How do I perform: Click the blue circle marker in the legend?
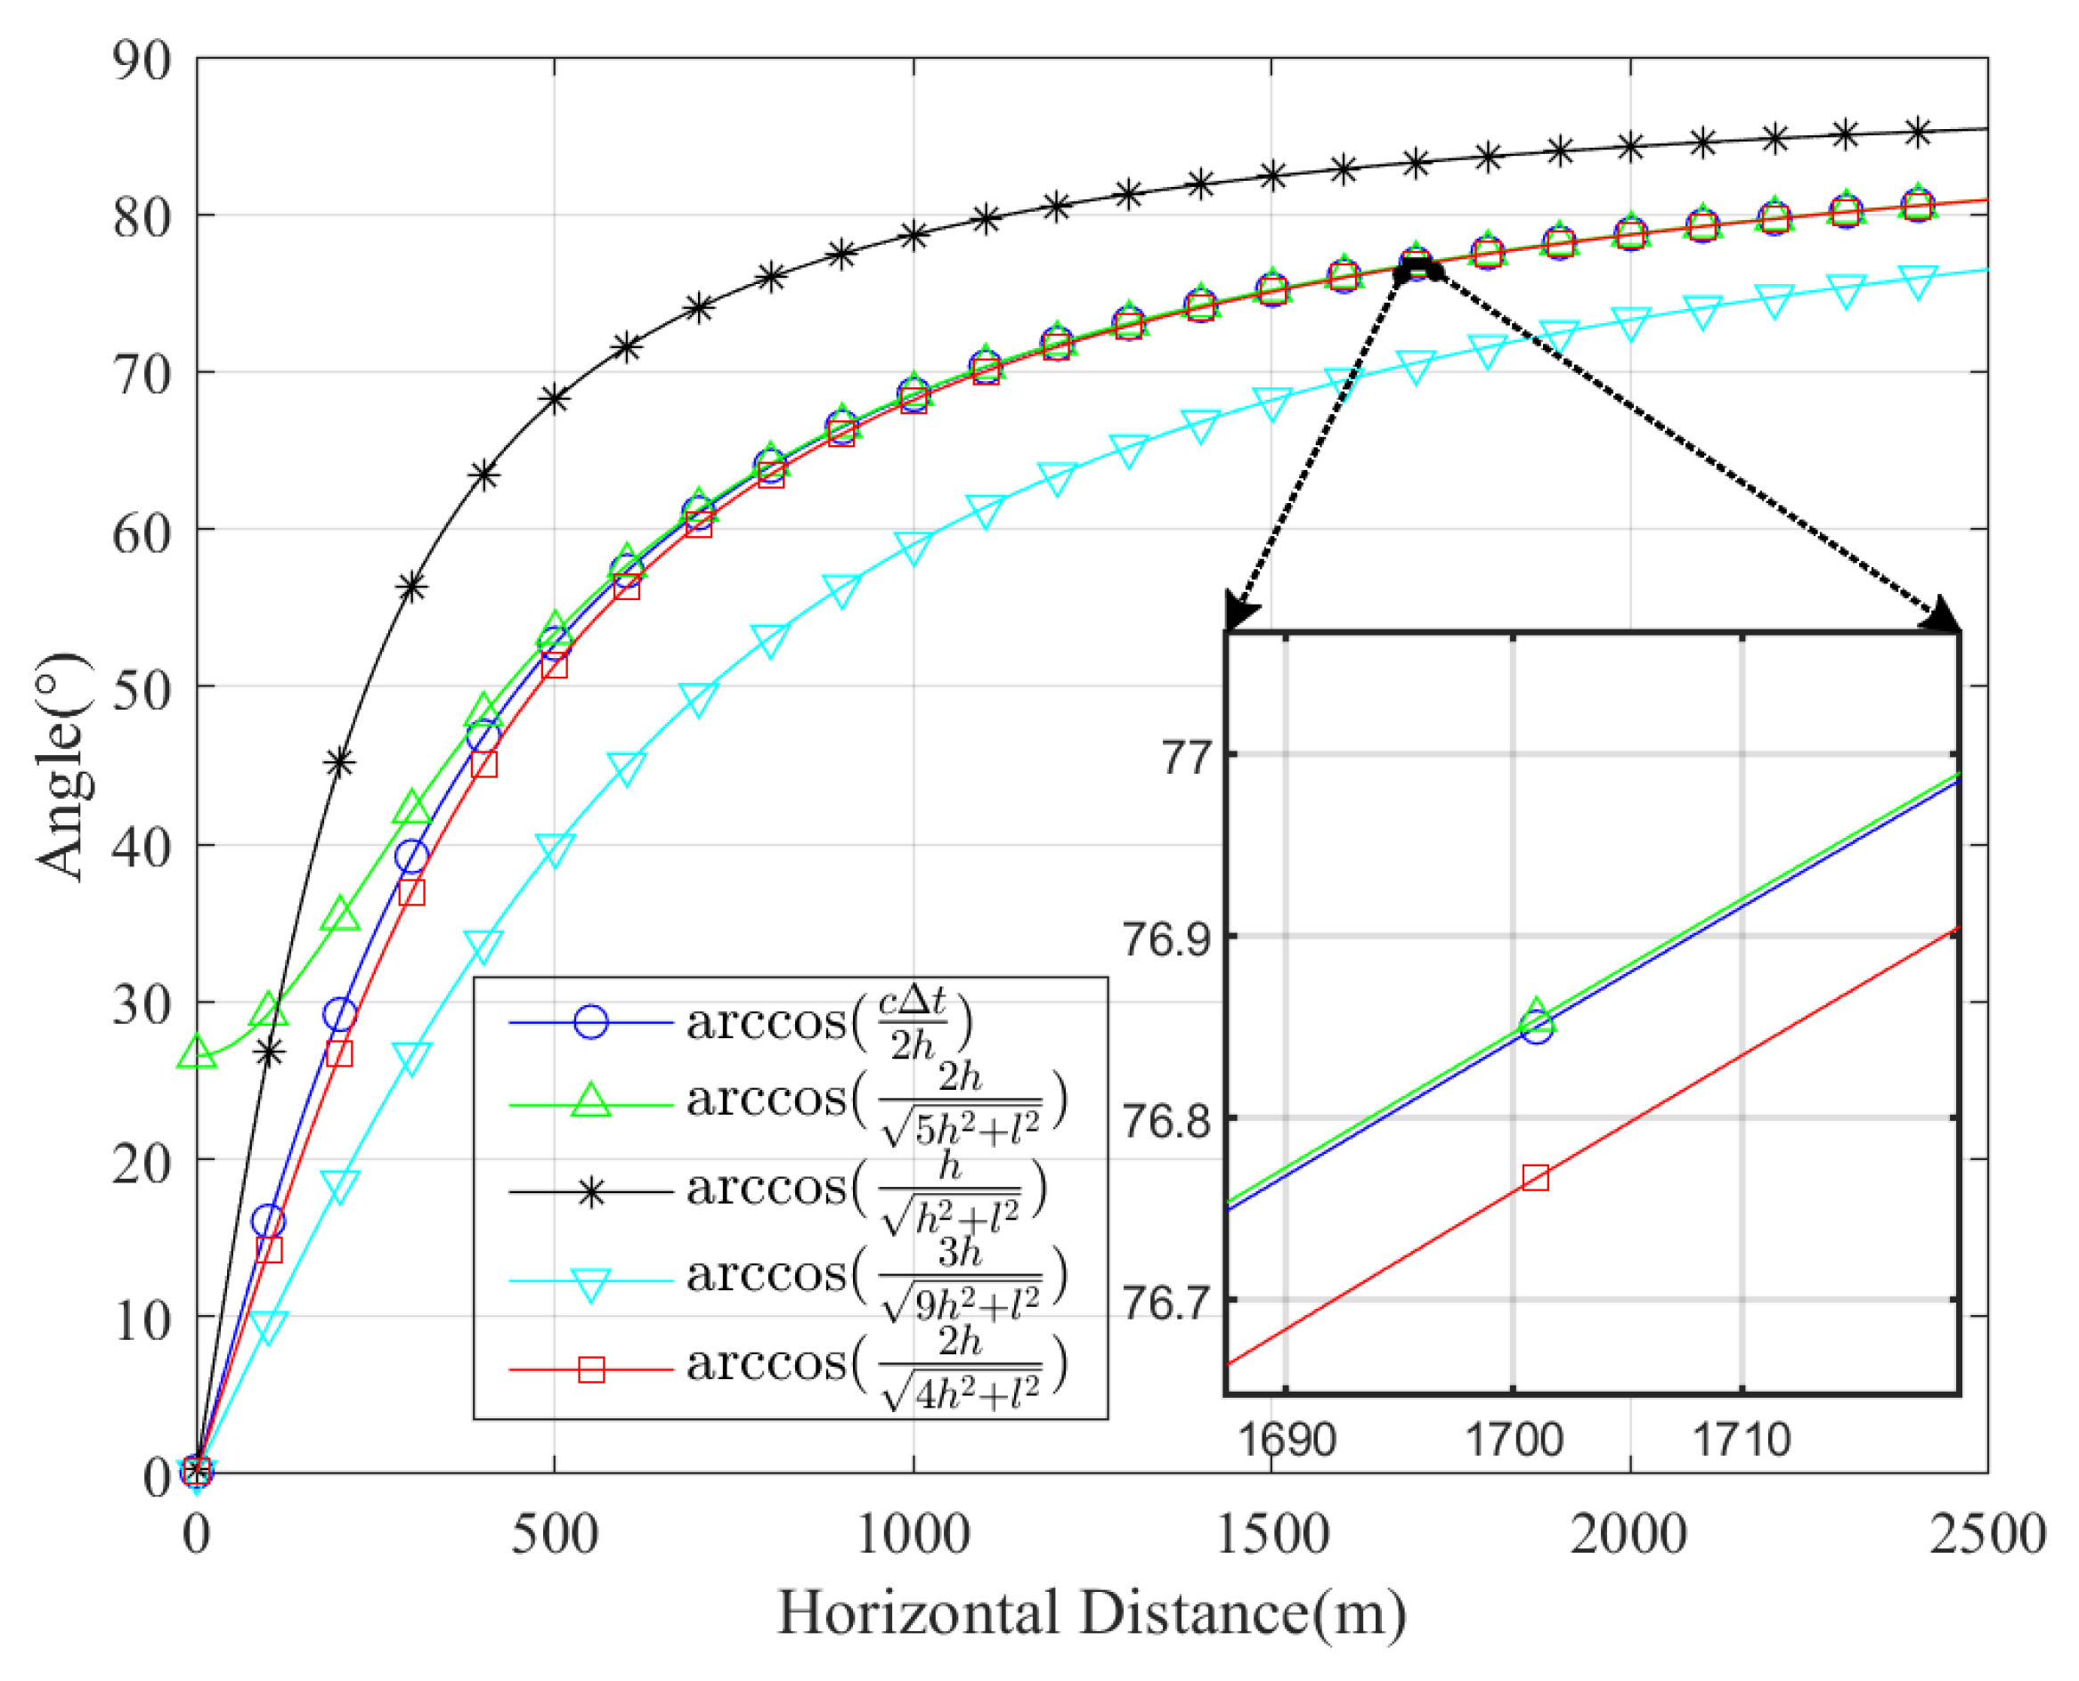[590, 1022]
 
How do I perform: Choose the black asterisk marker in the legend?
[590, 1192]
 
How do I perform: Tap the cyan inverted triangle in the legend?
[590, 1284]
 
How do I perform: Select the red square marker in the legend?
[590, 1370]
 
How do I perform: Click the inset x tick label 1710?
[1741, 1441]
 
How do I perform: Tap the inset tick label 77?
[1186, 756]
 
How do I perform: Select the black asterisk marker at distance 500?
[554, 398]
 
